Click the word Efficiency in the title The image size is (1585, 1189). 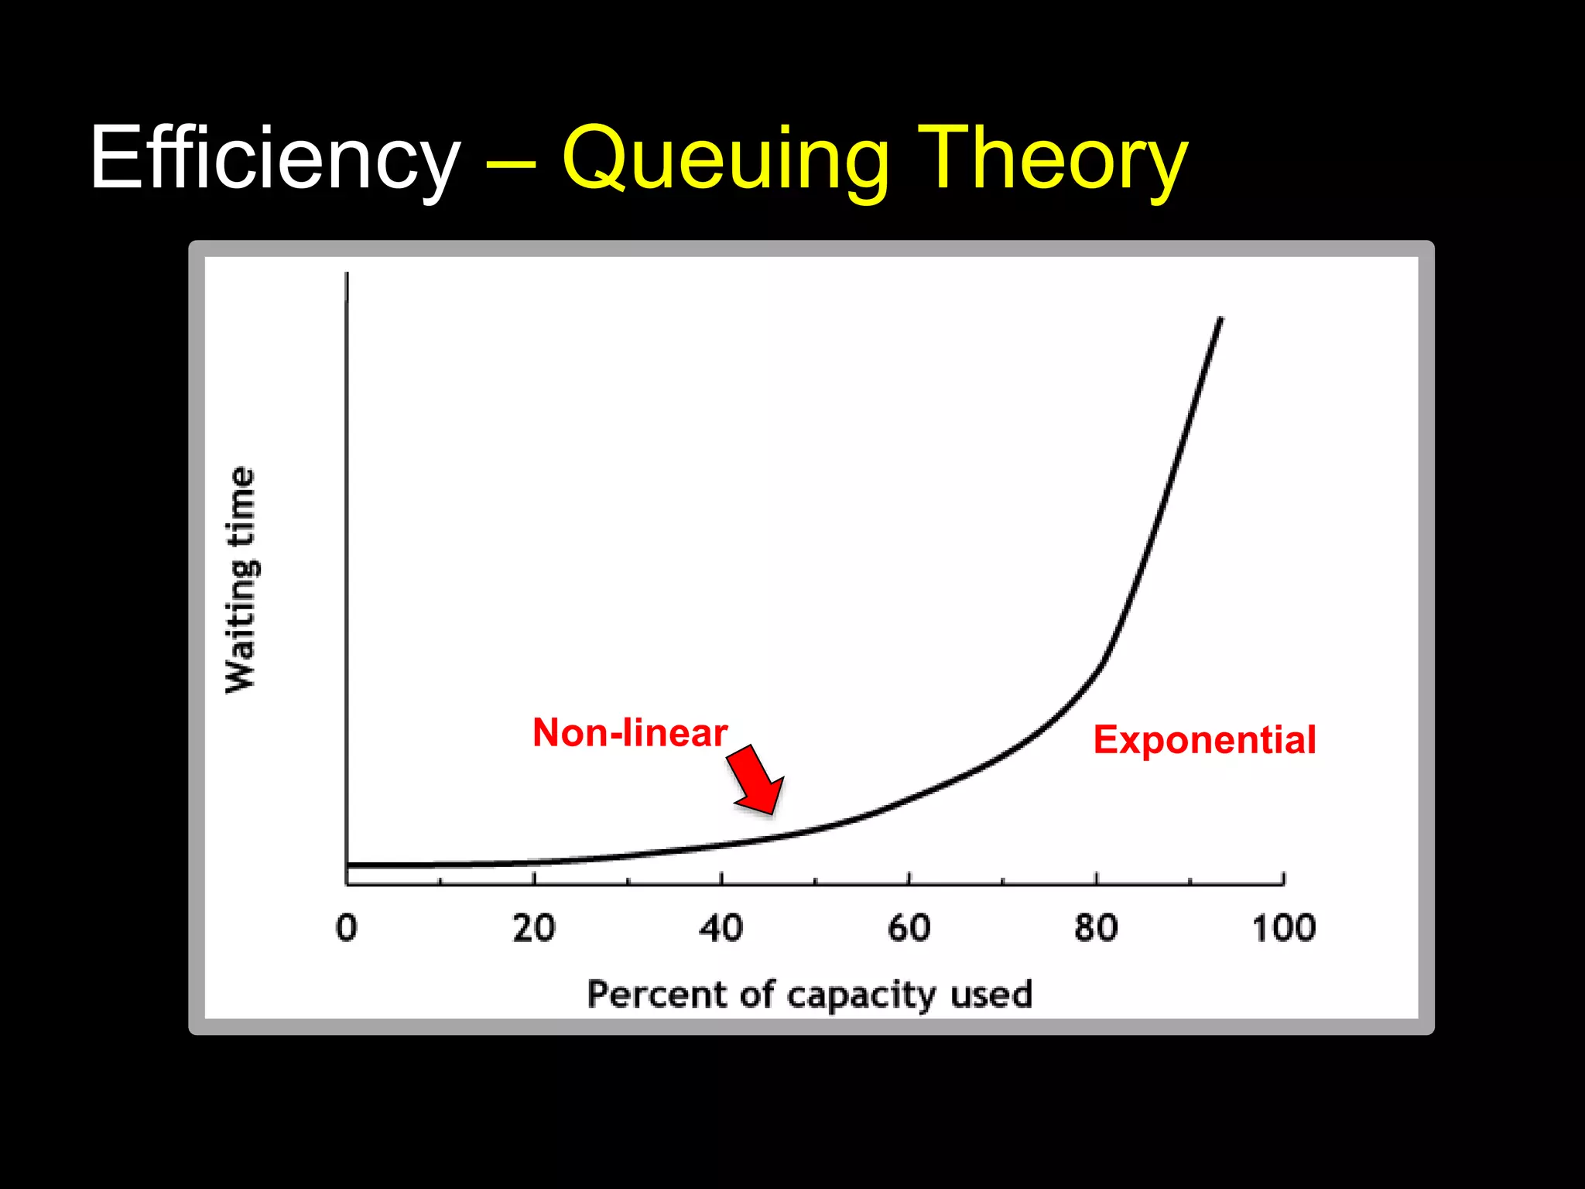click(x=276, y=159)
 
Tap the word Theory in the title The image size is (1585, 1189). click(x=1053, y=159)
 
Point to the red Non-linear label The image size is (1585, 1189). click(x=630, y=732)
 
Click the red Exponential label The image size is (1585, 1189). click(x=1204, y=740)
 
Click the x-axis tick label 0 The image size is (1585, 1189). click(x=347, y=927)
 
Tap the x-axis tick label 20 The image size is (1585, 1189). click(x=534, y=927)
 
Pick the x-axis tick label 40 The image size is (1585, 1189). click(x=721, y=927)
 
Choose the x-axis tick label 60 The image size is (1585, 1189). click(x=909, y=927)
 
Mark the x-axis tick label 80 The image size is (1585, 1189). click(x=1097, y=927)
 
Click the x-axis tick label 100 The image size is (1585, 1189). click(x=1284, y=927)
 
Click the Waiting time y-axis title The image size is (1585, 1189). click(x=241, y=581)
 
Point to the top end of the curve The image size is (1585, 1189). click(x=1220, y=319)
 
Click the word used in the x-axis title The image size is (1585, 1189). click(x=991, y=994)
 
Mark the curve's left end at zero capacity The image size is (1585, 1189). click(x=350, y=865)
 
